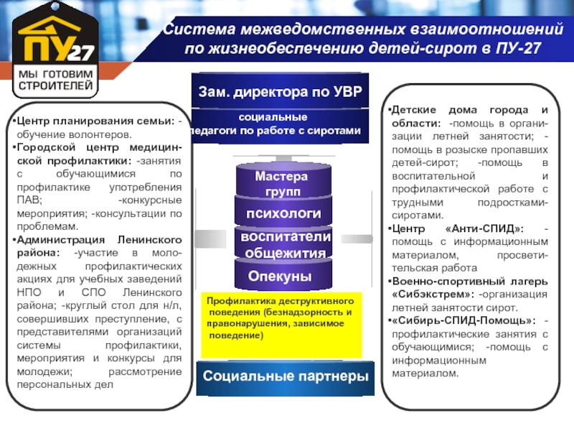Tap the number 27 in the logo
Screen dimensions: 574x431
pyautogui.click(x=80, y=53)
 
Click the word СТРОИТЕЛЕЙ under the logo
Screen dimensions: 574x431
pyautogui.click(x=56, y=85)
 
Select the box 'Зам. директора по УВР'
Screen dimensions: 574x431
pyautogui.click(x=280, y=91)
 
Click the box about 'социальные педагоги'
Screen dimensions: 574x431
pyautogui.click(x=280, y=124)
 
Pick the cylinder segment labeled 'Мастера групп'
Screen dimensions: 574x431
pyautogui.click(x=283, y=181)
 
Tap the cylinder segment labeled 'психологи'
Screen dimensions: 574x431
pyautogui.click(x=283, y=212)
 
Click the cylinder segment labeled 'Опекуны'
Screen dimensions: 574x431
pyautogui.click(x=283, y=275)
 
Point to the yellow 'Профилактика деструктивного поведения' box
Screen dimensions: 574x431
pyautogui.click(x=281, y=325)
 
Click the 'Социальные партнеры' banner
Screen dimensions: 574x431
pyautogui.click(x=285, y=376)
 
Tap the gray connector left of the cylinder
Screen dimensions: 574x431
pyautogui.click(x=210, y=238)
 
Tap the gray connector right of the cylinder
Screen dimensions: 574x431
pyautogui.click(x=357, y=239)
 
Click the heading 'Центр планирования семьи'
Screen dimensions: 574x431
pyautogui.click(x=95, y=121)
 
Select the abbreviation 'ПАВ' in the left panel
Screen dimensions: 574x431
pyautogui.click(x=28, y=200)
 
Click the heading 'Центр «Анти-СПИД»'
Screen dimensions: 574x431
pyautogui.click(x=458, y=228)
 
